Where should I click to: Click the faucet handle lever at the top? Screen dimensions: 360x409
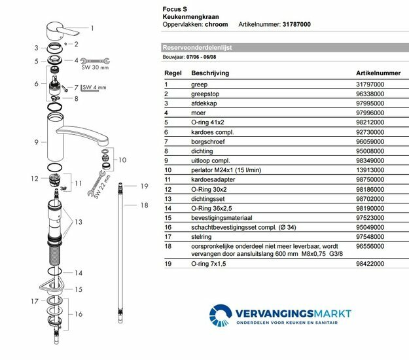pyautogui.click(x=64, y=29)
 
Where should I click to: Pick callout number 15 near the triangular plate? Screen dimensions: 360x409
pyautogui.click(x=79, y=289)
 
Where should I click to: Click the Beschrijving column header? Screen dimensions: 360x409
pyautogui.click(x=210, y=74)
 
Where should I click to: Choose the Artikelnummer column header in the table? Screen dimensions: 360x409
pyautogui.click(x=378, y=74)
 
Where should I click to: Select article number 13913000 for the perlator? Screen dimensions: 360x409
pyautogui.click(x=370, y=169)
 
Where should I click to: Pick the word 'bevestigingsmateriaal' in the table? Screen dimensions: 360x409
pyautogui.click(x=222, y=216)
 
